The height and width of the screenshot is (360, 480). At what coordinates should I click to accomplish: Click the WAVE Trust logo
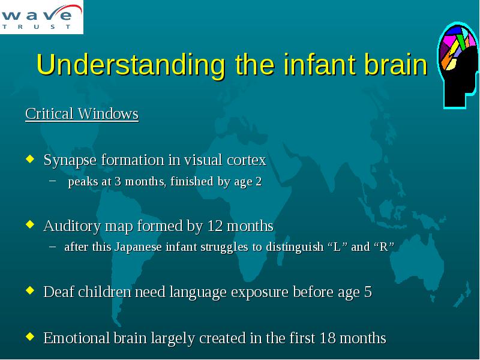[41, 17]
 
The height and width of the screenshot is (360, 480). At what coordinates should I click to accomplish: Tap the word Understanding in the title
[131, 65]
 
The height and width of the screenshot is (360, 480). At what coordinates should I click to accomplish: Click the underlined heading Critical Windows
[82, 114]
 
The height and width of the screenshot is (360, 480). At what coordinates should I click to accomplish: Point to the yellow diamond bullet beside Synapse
[30, 158]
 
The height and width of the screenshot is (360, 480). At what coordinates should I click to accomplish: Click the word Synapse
[70, 160]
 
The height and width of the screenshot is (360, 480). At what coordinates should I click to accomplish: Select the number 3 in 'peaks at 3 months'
[118, 182]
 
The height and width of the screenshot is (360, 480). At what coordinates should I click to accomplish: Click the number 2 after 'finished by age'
[259, 182]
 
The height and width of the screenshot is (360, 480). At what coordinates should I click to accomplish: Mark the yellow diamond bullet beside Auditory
[30, 224]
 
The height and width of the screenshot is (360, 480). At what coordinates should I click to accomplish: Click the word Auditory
[72, 227]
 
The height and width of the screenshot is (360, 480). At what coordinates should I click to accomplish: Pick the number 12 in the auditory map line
[215, 226]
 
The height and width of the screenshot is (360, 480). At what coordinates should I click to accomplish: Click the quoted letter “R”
[383, 247]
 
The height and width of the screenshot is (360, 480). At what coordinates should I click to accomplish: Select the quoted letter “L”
[337, 247]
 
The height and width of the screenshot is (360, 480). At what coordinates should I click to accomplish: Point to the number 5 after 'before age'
[368, 292]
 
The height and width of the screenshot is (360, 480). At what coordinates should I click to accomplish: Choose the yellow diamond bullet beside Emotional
[30, 337]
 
